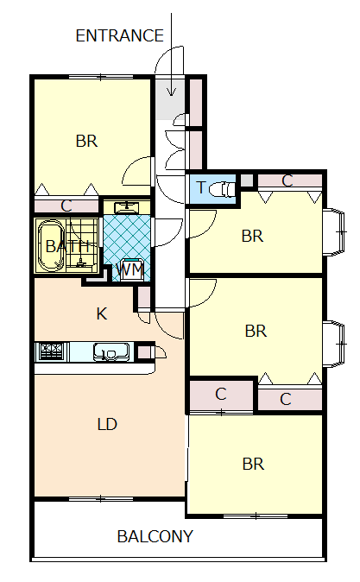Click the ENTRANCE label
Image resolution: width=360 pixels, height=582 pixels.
tap(119, 35)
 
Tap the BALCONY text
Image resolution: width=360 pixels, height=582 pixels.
tap(155, 536)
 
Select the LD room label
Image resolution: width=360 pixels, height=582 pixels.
tap(107, 424)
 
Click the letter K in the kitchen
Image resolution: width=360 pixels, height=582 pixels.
tap(102, 313)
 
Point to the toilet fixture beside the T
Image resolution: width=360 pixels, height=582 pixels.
tap(223, 189)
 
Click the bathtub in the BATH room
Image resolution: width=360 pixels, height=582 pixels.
tap(51, 246)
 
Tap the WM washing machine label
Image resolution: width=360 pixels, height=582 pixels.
tap(129, 269)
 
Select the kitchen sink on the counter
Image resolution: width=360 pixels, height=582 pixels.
tap(111, 351)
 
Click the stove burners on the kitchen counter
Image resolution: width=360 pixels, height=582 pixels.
tap(51, 351)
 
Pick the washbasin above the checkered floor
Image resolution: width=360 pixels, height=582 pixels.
tap(127, 207)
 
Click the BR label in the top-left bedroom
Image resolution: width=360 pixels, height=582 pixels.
tap(86, 141)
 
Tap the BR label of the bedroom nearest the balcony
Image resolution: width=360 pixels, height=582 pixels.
tap(253, 464)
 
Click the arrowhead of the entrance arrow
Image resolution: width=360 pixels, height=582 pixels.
tap(171, 92)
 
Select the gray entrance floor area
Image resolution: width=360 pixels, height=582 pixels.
tap(170, 99)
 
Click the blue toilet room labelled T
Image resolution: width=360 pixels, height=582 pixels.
tap(212, 189)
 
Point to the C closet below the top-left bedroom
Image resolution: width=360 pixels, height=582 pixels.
tap(66, 206)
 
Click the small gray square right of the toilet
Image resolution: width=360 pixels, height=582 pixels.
tap(246, 180)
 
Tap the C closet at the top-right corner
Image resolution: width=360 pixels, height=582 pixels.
tap(290, 180)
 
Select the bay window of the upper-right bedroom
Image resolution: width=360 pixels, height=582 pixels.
tap(334, 231)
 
